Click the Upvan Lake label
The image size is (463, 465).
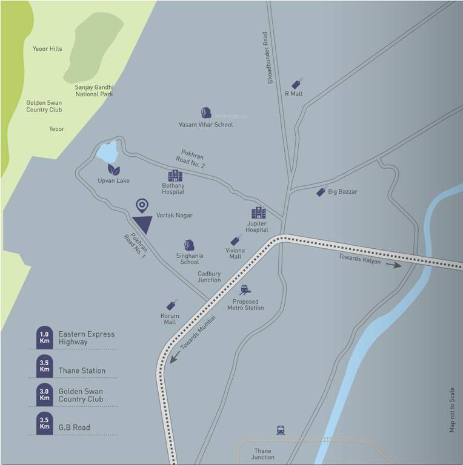pos(113,180)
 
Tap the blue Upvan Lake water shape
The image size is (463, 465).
pos(108,152)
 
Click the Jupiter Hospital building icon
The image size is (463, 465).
pos(258,213)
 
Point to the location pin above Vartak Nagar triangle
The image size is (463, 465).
pos(142,205)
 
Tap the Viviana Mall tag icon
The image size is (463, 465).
pos(235,240)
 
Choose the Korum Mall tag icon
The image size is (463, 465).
pos(171,305)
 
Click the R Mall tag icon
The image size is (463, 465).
pos(296,84)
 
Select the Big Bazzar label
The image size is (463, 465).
pos(342,191)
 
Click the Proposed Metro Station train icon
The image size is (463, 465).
pos(245,289)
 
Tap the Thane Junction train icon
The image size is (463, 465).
pos(280,430)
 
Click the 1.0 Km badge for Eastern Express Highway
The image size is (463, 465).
pos(44,338)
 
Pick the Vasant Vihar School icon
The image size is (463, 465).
pos(205,113)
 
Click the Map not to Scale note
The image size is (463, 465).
pos(451,409)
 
